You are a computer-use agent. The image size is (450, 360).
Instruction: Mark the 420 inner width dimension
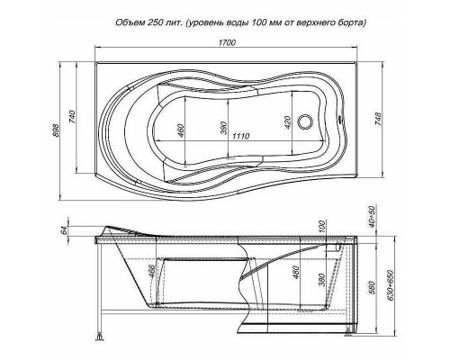[287, 125]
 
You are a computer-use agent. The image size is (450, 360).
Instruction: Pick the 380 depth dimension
[322, 280]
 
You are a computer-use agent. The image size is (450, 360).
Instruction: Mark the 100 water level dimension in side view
[321, 224]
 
